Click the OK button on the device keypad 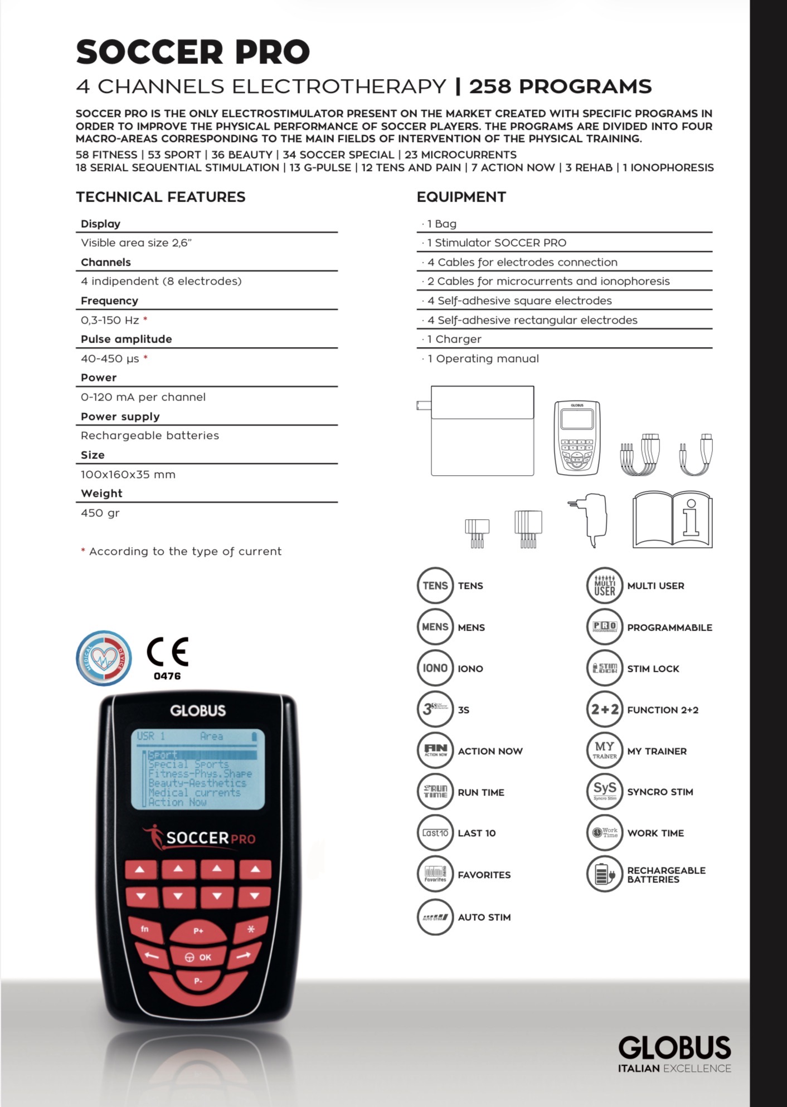tap(198, 957)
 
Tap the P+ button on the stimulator tap(198, 930)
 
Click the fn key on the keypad tap(145, 929)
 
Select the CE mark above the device tap(167, 652)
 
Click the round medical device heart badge tap(104, 658)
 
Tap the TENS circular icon tap(435, 586)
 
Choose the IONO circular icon tap(435, 668)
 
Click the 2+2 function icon tap(604, 709)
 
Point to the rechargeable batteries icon tap(604, 874)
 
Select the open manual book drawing tap(672, 519)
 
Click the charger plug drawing tap(590, 519)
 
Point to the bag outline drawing tap(482, 430)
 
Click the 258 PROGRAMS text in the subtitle tap(560, 86)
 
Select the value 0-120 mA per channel tap(143, 397)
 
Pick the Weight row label tap(101, 494)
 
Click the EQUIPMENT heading tap(461, 197)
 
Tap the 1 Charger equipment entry tap(454, 339)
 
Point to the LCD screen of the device tap(198, 769)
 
